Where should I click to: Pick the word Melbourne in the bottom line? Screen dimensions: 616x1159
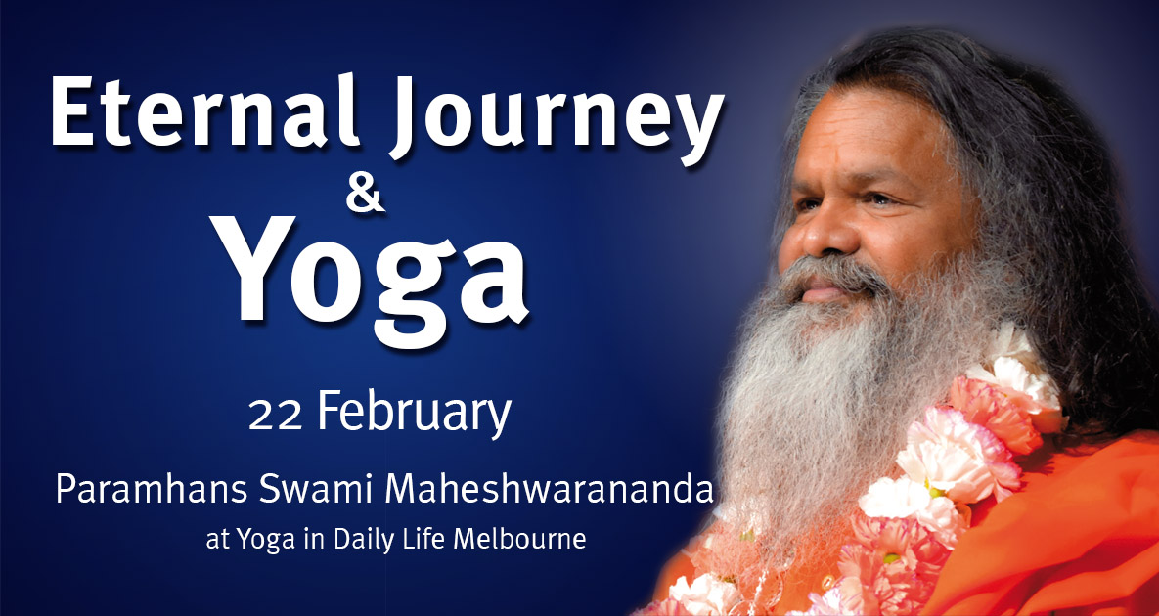[x=524, y=540]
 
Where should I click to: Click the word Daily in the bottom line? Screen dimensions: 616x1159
[x=379, y=541]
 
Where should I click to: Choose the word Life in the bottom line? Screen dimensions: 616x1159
[x=435, y=539]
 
